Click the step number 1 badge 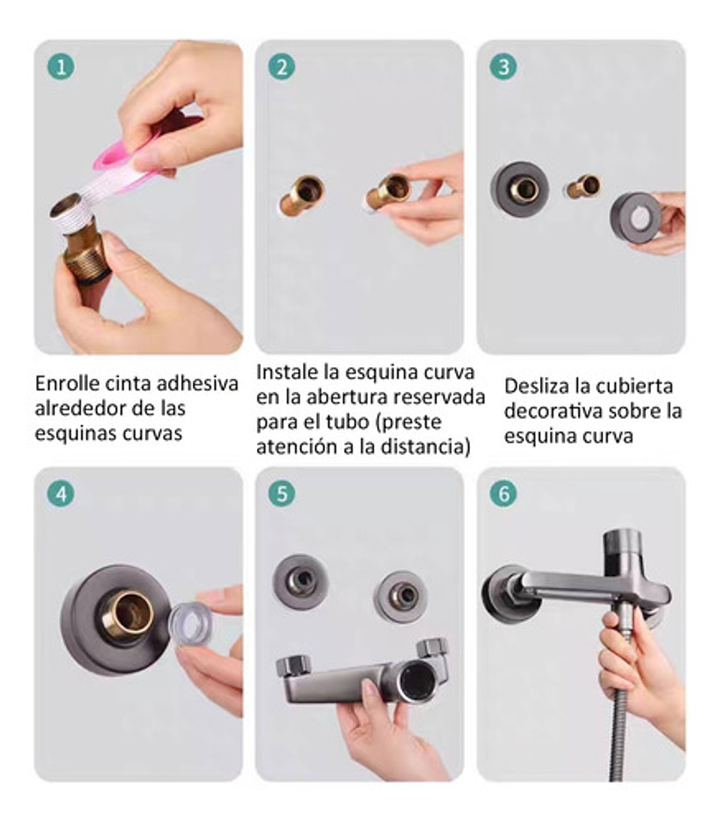(61, 67)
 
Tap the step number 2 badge (282, 67)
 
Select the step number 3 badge (502, 67)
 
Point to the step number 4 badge (61, 493)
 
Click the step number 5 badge (282, 493)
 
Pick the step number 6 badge (502, 493)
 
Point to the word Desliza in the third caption (534, 386)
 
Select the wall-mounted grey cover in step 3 (520, 189)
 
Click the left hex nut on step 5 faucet (292, 665)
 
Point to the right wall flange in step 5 (402, 596)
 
